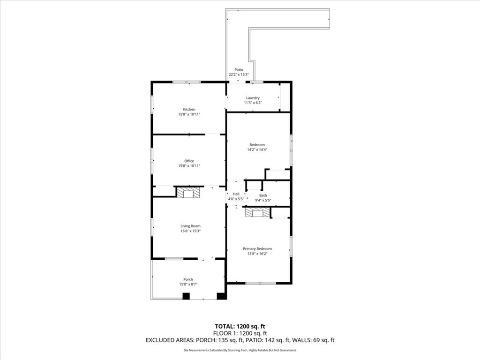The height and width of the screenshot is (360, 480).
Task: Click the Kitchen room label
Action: pos(189,109)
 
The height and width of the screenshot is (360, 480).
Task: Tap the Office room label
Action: pos(189,161)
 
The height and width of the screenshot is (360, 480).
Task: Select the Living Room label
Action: pos(190,226)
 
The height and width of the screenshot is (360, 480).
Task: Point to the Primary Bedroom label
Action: pos(257,249)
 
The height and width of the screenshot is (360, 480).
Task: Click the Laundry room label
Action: pos(253,98)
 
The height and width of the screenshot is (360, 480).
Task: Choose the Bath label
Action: pos(263,195)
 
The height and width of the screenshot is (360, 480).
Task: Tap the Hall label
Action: pos(236,194)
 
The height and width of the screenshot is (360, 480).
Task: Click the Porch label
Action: pos(188,279)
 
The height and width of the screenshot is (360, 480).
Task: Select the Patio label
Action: pos(239,70)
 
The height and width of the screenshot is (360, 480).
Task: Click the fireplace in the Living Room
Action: pos(188,193)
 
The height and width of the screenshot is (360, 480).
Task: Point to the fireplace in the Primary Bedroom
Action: pos(258,212)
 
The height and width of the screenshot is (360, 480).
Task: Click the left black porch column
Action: pos(186,296)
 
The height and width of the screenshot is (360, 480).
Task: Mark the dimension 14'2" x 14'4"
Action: pos(257,150)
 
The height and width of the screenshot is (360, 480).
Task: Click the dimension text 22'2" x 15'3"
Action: pos(239,75)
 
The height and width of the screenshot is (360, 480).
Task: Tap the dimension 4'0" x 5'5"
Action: pos(236,199)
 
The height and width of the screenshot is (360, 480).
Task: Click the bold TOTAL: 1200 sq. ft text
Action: pos(240,326)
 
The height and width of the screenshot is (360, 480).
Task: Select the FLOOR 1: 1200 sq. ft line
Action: pos(240,333)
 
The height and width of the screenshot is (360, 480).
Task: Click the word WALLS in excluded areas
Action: pos(301,340)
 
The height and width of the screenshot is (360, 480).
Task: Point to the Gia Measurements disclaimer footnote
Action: pos(240,350)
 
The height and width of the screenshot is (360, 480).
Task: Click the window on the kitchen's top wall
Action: pos(187,82)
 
